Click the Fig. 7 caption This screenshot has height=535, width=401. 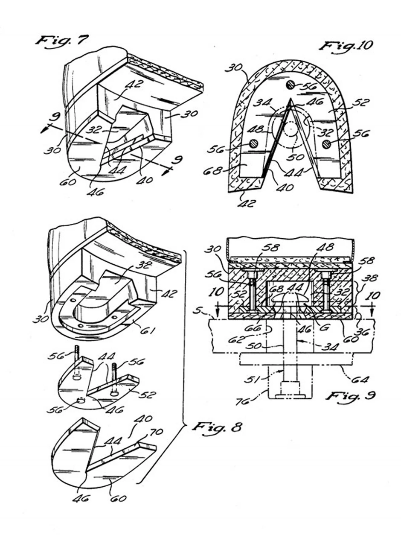61,41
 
